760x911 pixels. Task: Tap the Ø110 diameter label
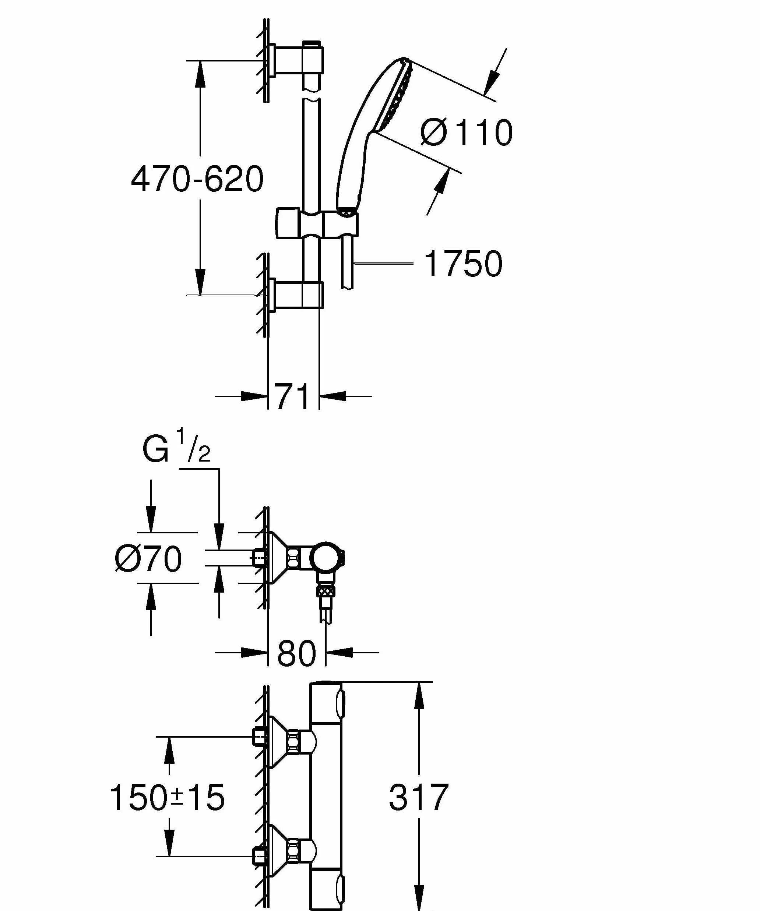coord(467,132)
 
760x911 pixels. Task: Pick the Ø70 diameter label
coord(148,559)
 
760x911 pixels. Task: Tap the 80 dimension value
coord(296,665)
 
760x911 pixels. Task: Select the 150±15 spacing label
coord(167,797)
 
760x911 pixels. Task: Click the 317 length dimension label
coord(418,797)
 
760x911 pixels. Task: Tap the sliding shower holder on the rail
coord(316,223)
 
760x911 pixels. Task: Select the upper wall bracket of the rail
coord(296,61)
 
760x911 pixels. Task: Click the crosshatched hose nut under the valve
coord(326,591)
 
